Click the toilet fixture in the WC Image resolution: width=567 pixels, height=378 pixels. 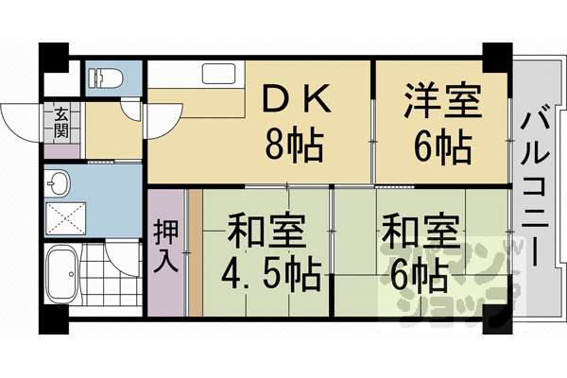tap(101, 77)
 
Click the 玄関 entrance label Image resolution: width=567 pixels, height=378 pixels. tap(60, 124)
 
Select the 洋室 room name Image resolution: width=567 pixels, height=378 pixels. tap(442, 100)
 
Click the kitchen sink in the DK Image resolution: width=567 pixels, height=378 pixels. tap(219, 75)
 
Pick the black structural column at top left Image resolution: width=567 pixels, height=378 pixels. tap(54, 57)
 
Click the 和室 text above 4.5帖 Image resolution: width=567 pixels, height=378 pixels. tap(257, 232)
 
